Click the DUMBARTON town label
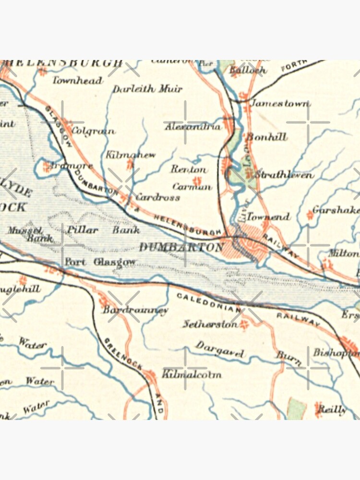181,247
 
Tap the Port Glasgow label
100,262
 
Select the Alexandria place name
192,127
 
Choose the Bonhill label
267,137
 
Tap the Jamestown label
281,103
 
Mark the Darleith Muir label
147,89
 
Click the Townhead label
77,80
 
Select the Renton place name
189,169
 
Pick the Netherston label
210,324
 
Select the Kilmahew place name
131,155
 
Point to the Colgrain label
93,130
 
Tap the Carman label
192,186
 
